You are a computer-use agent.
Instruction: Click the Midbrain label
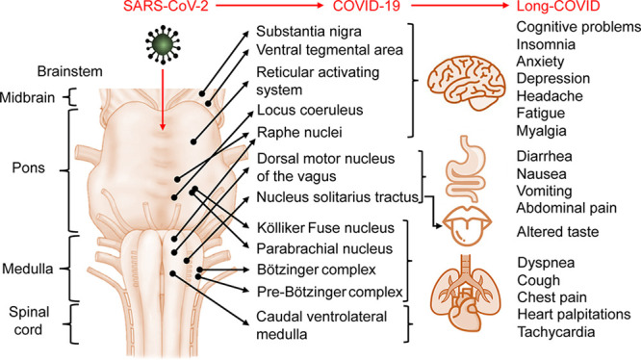tap(28, 97)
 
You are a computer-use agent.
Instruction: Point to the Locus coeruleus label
tap(304, 111)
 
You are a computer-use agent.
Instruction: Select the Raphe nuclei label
tap(296, 132)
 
